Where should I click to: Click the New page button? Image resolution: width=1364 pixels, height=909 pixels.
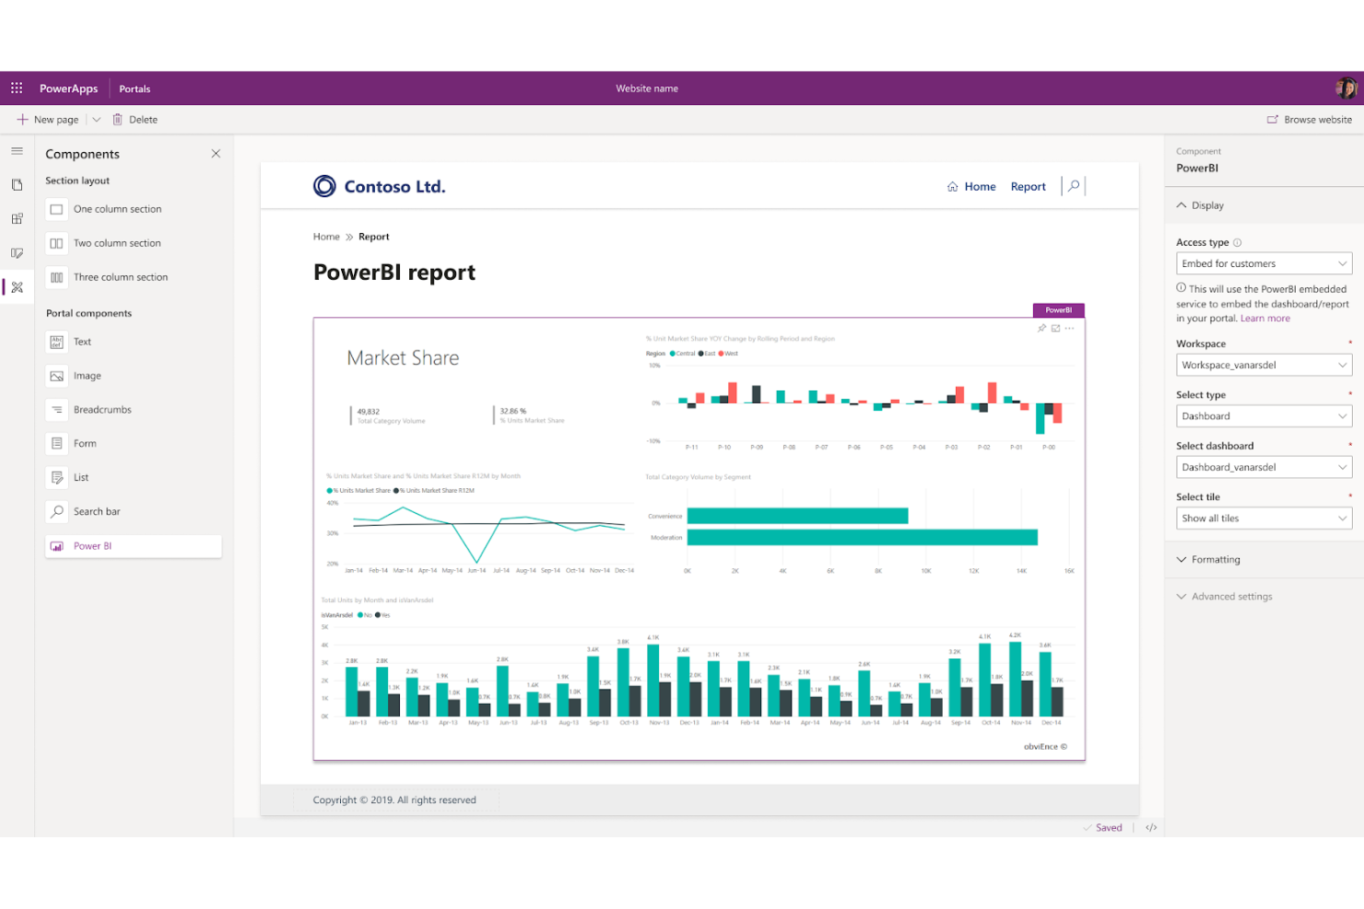pyautogui.click(x=48, y=120)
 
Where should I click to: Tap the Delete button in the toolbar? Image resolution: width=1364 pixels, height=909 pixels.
pyautogui.click(x=135, y=120)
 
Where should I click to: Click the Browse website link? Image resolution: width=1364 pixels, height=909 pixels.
pyautogui.click(x=1310, y=120)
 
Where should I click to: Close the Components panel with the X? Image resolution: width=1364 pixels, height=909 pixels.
pyautogui.click(x=216, y=154)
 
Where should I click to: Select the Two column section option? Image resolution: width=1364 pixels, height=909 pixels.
pyautogui.click(x=117, y=243)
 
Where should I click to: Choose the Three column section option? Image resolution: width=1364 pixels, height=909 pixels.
pyautogui.click(x=120, y=277)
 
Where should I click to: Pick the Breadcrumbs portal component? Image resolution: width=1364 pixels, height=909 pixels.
pyautogui.click(x=102, y=410)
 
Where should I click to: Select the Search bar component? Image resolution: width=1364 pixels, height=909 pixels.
pyautogui.click(x=97, y=512)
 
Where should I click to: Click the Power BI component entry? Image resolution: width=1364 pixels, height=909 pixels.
pyautogui.click(x=92, y=546)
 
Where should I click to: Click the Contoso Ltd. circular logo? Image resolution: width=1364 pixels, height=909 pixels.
pyautogui.click(x=324, y=187)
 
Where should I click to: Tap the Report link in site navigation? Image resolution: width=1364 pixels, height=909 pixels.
pyautogui.click(x=1028, y=187)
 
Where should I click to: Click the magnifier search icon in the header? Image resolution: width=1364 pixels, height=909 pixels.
pyautogui.click(x=1074, y=186)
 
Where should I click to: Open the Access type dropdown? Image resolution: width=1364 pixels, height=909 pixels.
pyautogui.click(x=1264, y=263)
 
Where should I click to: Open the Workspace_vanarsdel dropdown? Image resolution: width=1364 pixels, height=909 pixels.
pyautogui.click(x=1264, y=366)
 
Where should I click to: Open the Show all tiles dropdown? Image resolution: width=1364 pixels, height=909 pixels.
pyautogui.click(x=1264, y=519)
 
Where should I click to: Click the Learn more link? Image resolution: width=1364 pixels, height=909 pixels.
pyautogui.click(x=1264, y=319)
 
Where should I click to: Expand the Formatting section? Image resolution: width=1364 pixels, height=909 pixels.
pyautogui.click(x=1215, y=560)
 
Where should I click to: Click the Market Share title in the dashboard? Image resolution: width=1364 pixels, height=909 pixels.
pyautogui.click(x=403, y=358)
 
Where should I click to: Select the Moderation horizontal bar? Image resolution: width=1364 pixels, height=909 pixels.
pyautogui.click(x=862, y=537)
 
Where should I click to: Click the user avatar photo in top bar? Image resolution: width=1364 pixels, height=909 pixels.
pyautogui.click(x=1346, y=88)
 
